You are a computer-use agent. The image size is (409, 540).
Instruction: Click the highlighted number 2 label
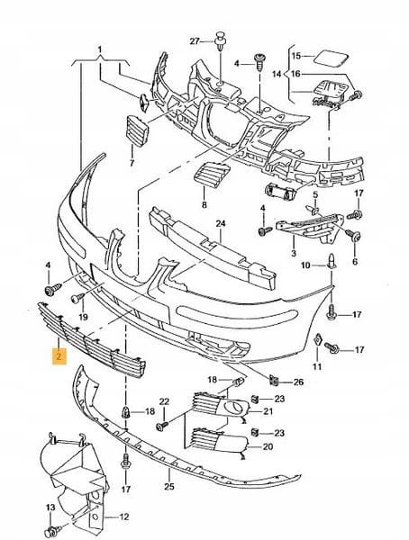tap(59, 356)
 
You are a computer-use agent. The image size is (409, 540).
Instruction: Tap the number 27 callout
tap(195, 41)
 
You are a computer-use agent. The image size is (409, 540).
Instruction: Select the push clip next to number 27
tap(220, 41)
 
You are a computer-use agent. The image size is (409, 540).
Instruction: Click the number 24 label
tap(221, 224)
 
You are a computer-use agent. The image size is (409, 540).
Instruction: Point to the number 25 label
tap(169, 487)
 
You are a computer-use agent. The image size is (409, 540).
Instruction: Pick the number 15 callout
tap(296, 56)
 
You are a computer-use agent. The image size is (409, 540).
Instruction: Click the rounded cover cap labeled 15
tap(332, 58)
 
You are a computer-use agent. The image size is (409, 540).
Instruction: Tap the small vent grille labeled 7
tap(137, 131)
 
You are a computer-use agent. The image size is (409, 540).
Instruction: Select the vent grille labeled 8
tap(212, 175)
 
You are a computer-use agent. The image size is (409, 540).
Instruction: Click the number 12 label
tap(123, 517)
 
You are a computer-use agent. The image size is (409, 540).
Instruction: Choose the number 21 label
tap(268, 411)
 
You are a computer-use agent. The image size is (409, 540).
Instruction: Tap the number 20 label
tap(268, 446)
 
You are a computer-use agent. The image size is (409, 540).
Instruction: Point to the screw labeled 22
tap(162, 426)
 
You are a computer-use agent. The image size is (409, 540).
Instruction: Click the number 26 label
tap(299, 382)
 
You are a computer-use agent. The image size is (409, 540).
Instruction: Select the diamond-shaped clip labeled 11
tap(318, 340)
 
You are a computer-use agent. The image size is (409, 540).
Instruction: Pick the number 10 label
tap(306, 265)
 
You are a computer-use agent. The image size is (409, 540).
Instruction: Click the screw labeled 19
tap(78, 298)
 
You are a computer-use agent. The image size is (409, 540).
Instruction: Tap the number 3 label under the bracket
tap(294, 254)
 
